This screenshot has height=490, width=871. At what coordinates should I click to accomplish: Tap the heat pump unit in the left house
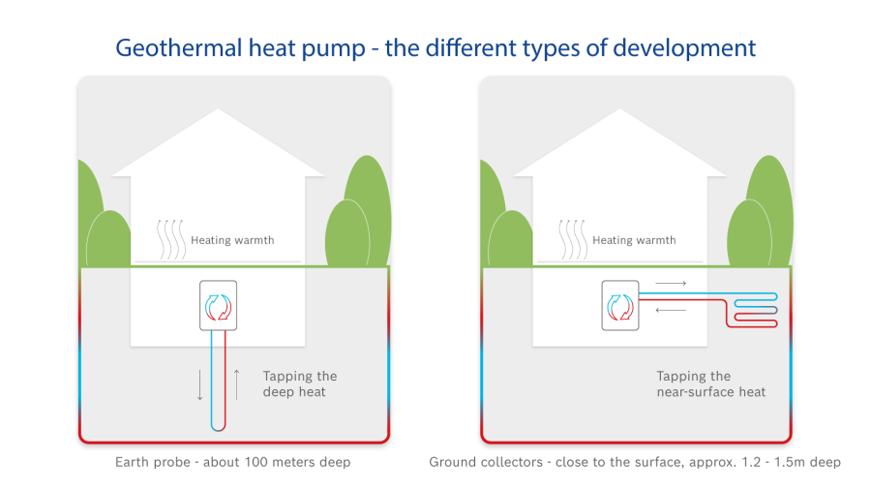click(x=218, y=305)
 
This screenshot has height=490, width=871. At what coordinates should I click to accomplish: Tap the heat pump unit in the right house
click(x=620, y=305)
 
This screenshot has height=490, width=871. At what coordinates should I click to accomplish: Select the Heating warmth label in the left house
click(x=232, y=240)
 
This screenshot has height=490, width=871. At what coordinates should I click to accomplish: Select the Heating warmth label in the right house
click(x=634, y=240)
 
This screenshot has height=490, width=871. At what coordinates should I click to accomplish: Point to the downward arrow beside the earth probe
click(x=200, y=383)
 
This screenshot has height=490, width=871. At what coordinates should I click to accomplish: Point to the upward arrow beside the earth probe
click(x=235, y=383)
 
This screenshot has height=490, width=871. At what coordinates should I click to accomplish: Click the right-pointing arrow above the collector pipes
click(x=670, y=284)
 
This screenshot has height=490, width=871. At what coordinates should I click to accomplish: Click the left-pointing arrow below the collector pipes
click(x=670, y=310)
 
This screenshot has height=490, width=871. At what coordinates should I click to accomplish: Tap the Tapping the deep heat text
click(x=300, y=383)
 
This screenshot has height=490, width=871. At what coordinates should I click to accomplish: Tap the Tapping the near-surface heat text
click(x=711, y=383)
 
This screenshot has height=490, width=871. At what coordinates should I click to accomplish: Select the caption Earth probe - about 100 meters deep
click(x=232, y=463)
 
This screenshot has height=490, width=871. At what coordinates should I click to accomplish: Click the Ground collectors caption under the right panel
click(x=635, y=463)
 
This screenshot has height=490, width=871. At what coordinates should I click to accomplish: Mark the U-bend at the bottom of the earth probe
click(x=218, y=427)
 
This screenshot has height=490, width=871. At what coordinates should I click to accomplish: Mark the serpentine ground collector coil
click(x=755, y=308)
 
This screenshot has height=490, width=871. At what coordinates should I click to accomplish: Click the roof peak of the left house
click(x=218, y=110)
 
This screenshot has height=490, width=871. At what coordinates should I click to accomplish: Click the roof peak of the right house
click(x=619, y=110)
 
